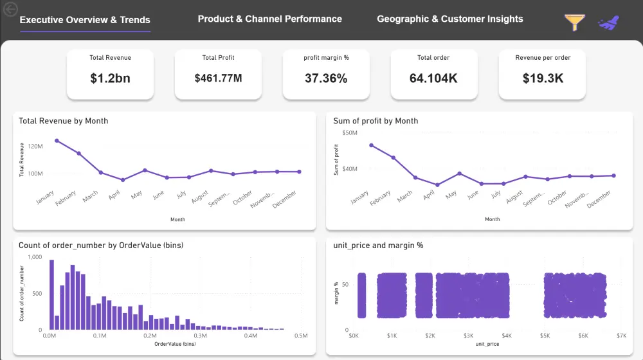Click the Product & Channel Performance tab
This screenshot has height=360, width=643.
(269, 19)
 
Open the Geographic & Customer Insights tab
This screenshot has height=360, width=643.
(449, 19)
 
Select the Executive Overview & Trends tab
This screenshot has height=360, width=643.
(85, 20)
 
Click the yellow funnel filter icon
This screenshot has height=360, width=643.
(574, 22)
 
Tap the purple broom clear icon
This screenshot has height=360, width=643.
(608, 23)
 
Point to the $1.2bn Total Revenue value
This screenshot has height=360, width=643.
(110, 78)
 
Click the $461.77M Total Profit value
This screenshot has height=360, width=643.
(218, 78)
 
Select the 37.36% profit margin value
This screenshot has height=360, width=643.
(326, 78)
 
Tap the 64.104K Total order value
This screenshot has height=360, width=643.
(433, 78)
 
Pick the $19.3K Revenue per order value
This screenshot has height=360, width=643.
(543, 78)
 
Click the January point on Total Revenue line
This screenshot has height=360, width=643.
(57, 140)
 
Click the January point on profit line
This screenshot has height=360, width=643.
(371, 145)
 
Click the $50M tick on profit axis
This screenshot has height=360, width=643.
(350, 133)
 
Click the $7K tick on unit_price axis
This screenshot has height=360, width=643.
(620, 336)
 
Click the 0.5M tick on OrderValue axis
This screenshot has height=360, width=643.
(300, 336)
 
